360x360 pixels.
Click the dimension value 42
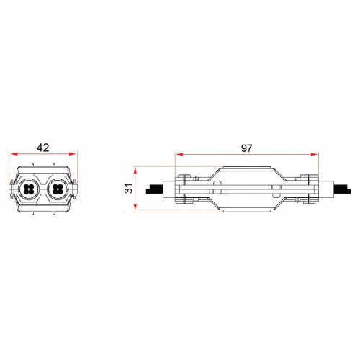point(43,148)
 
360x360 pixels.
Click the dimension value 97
point(247,148)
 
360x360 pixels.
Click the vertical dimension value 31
point(129,189)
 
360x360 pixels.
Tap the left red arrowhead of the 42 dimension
point(14,154)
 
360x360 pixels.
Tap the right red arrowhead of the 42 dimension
point(73,154)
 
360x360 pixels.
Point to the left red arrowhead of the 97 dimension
point(180,154)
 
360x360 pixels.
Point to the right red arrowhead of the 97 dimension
point(314,154)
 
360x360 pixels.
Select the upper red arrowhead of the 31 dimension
point(135,171)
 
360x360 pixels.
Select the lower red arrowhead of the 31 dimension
point(135,207)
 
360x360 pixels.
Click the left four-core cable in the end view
point(30,189)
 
